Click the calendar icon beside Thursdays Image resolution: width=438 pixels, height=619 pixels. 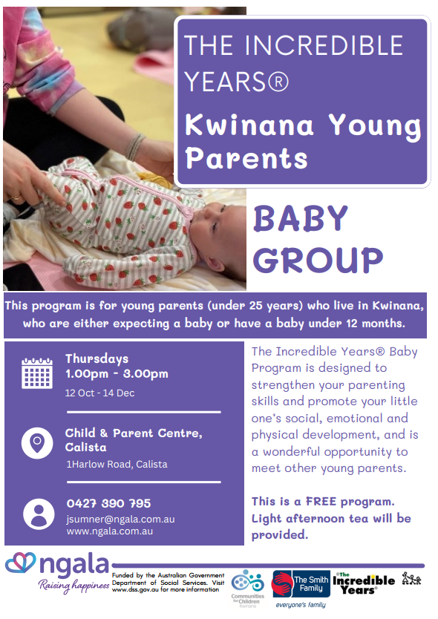click(37, 373)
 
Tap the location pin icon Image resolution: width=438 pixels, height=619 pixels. click(37, 443)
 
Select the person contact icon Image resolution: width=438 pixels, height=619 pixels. click(39, 514)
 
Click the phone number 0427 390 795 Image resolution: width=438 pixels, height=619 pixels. click(108, 503)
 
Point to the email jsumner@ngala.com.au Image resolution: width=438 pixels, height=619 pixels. click(120, 519)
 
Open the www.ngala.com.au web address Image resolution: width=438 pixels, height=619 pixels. click(110, 531)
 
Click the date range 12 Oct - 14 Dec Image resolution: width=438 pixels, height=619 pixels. click(100, 393)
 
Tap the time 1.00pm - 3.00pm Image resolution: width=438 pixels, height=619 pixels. click(117, 374)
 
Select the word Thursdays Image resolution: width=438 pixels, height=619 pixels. click(97, 358)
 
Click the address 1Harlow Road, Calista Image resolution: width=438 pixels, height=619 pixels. click(117, 465)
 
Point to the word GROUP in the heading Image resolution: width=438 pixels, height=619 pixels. click(318, 261)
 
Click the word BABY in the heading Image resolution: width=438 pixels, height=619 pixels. click(301, 218)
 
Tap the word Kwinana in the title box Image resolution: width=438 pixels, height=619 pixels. click(249, 125)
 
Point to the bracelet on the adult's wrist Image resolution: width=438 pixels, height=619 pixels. click(134, 146)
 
